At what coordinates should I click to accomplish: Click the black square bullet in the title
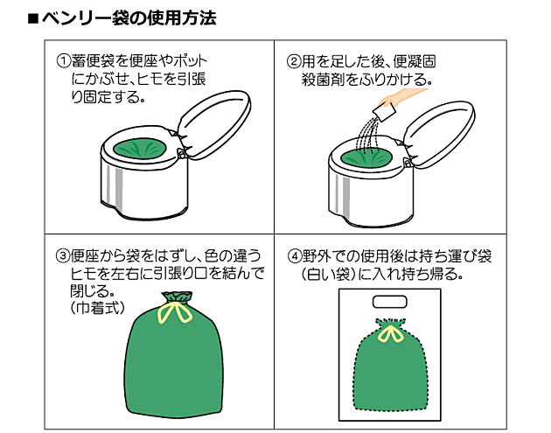[33, 19]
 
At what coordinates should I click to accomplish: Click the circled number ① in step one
[64, 61]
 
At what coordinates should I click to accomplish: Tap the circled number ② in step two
[294, 61]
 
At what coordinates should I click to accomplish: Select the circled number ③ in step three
[63, 255]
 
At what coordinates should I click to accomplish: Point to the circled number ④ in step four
[295, 255]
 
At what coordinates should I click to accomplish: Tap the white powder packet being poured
[384, 113]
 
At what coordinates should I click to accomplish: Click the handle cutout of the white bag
[389, 302]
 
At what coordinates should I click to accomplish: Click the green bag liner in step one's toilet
[140, 149]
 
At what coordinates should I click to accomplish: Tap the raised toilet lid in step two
[439, 134]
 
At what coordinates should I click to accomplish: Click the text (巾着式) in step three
[98, 308]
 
